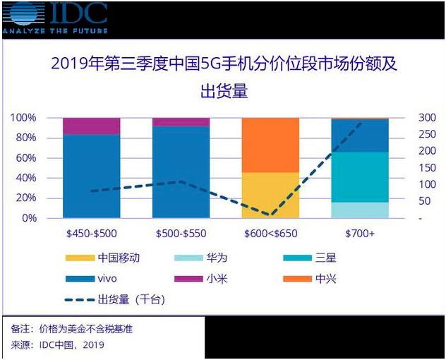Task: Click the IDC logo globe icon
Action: (20, 15)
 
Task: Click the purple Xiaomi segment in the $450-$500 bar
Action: (91, 126)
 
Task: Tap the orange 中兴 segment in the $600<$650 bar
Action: (270, 145)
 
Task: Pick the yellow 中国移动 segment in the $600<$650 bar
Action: (270, 195)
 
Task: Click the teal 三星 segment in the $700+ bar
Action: (360, 176)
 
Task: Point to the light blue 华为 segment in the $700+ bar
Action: (360, 210)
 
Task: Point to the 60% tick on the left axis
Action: (26, 157)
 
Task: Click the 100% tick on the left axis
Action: (24, 117)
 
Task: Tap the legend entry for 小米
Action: (206, 279)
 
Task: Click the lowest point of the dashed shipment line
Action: (270, 215)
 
